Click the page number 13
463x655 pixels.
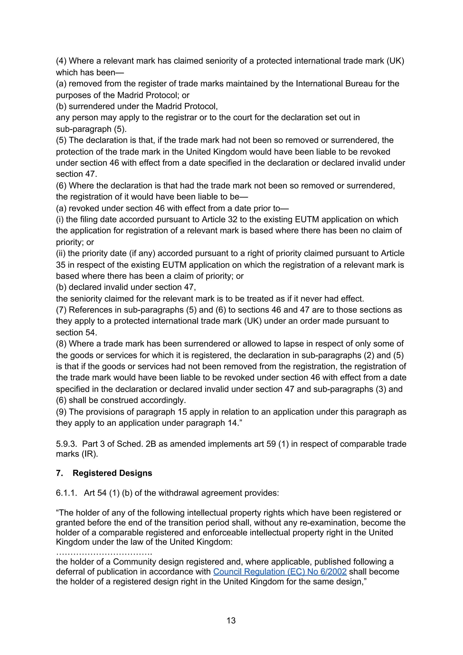click(x=231, y=620)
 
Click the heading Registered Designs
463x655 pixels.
click(x=112, y=473)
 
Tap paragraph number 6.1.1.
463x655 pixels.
click(x=66, y=493)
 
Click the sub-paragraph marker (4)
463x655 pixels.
click(x=61, y=61)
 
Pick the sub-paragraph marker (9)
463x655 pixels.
click(x=61, y=412)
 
